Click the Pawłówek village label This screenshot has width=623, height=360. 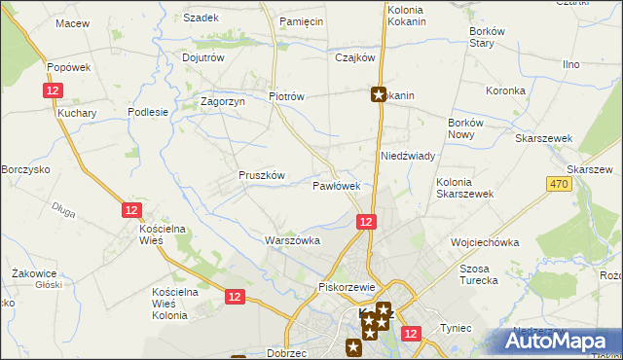pyautogui.click(x=337, y=185)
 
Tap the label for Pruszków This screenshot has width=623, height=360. pyautogui.click(x=262, y=175)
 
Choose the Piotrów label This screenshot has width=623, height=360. pyautogui.click(x=287, y=96)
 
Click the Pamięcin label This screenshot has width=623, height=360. pyautogui.click(x=301, y=20)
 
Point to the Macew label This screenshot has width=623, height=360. pyautogui.click(x=72, y=22)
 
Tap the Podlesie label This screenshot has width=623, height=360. pyautogui.click(x=148, y=112)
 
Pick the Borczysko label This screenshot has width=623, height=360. pyautogui.click(x=25, y=169)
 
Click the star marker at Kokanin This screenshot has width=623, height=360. pyautogui.click(x=379, y=95)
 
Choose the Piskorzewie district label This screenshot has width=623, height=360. pyautogui.click(x=347, y=287)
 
